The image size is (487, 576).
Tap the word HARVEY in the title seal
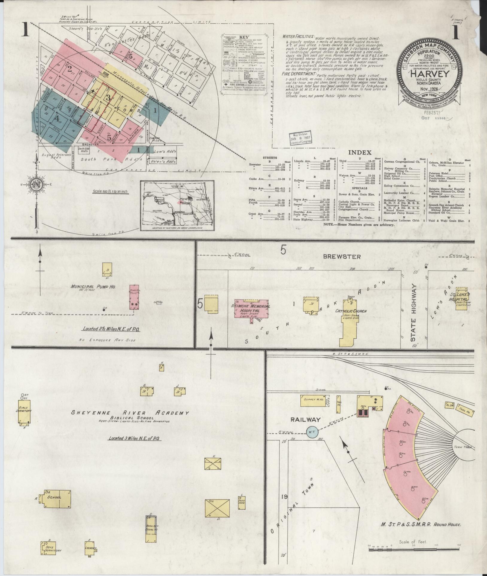click(426, 74)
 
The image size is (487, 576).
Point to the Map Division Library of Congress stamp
click(300, 137)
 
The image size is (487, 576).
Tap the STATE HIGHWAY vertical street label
click(414, 313)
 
